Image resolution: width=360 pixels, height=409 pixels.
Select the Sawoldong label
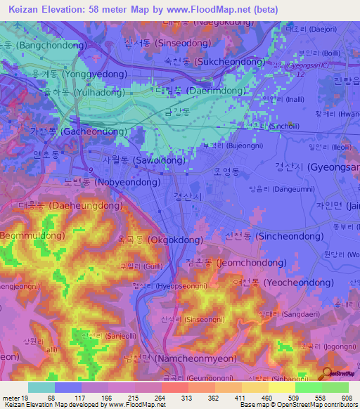tap(144, 160)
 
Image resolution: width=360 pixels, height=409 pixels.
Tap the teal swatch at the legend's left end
tap(41, 387)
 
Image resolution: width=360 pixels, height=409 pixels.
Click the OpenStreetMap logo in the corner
tap(339, 375)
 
